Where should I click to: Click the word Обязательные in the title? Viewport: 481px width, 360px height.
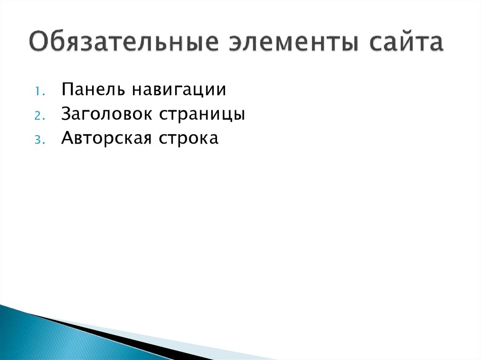coord(123,43)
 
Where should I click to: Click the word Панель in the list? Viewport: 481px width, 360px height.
coord(90,89)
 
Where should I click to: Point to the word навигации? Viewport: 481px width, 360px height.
coord(178,90)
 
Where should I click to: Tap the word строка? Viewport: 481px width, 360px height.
coord(192,139)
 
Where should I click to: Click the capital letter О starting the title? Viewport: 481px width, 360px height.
coord(39,42)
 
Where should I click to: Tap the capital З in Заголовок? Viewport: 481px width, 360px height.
coord(66,114)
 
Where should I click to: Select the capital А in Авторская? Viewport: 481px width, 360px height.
coord(67,138)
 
